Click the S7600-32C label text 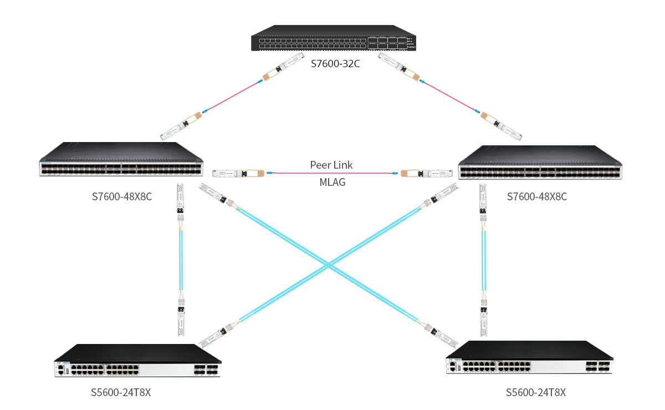point(335,64)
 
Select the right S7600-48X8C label point(537,196)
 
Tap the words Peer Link point(331,165)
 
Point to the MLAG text point(332,182)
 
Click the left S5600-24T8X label point(121,392)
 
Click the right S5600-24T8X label point(536,392)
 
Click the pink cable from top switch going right point(449,97)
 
